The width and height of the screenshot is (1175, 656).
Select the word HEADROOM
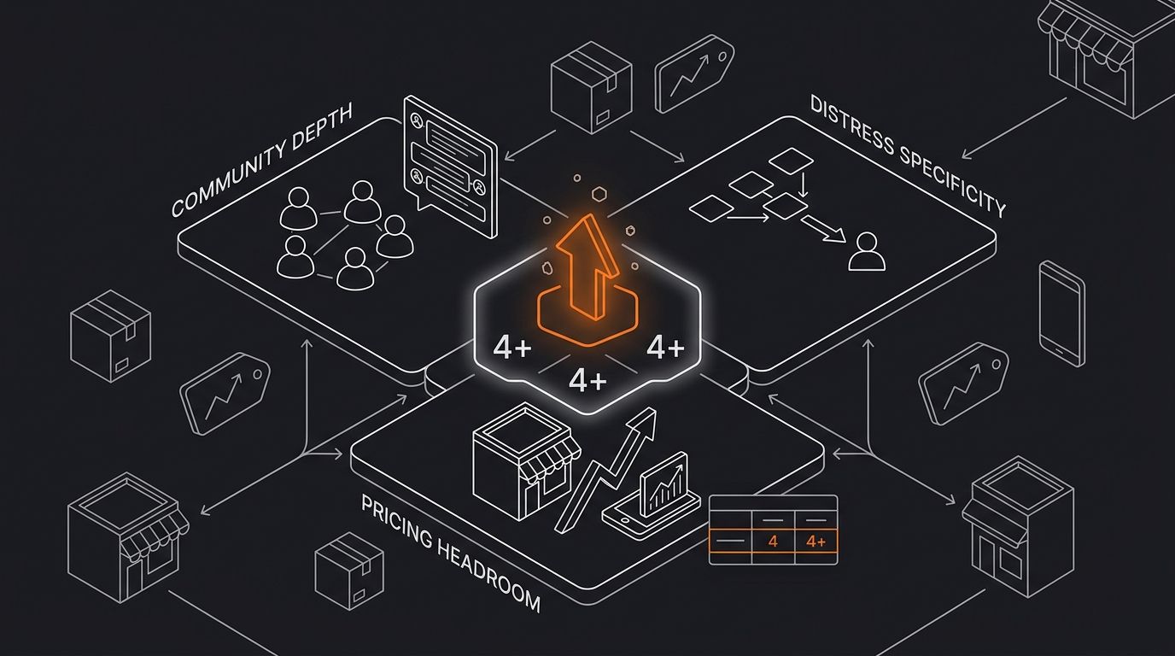tap(487, 577)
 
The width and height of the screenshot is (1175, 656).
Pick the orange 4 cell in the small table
tap(773, 542)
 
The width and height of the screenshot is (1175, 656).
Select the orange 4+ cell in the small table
tap(816, 542)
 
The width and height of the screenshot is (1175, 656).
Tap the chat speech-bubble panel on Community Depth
tap(450, 167)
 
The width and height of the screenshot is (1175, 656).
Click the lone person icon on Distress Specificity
tap(867, 253)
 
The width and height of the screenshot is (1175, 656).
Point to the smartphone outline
tap(1061, 313)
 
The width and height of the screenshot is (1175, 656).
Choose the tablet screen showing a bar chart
tap(664, 483)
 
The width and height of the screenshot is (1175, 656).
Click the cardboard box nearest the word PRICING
tap(348, 571)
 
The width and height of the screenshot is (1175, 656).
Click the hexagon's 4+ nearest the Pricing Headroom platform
tap(587, 380)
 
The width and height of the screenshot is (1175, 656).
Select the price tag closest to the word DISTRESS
tap(693, 73)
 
